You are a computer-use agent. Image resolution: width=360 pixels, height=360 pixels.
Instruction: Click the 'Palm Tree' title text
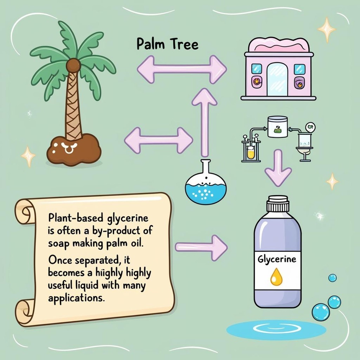click(167, 45)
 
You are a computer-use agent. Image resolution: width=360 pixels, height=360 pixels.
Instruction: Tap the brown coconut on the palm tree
click(73, 66)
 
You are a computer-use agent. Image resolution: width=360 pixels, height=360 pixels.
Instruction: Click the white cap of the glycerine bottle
click(277, 204)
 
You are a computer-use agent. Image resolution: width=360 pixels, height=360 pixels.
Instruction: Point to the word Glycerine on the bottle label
click(277, 260)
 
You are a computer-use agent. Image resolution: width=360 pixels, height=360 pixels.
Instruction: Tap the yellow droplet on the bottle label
click(276, 277)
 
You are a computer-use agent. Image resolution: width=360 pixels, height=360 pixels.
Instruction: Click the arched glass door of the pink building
click(277, 80)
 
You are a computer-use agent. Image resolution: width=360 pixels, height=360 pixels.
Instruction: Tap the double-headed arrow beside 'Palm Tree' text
click(181, 69)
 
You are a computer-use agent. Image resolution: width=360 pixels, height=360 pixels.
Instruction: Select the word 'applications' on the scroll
click(76, 298)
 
